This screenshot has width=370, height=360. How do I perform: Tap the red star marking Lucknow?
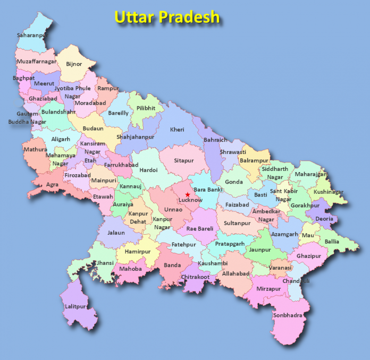[188, 195]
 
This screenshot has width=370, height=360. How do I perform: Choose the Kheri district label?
[177, 130]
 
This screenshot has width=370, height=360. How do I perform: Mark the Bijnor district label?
[74, 64]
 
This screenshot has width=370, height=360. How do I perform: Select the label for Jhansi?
[104, 262]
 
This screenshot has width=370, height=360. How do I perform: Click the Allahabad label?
[236, 273]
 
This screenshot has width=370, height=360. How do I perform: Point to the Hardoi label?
[148, 170]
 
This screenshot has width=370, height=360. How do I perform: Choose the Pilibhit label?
[146, 108]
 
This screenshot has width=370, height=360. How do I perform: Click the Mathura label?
[35, 150]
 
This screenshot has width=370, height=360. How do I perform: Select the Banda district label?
[172, 265]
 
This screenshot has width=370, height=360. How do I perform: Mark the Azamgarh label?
[285, 234]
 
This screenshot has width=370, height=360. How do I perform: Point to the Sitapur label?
[184, 160]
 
